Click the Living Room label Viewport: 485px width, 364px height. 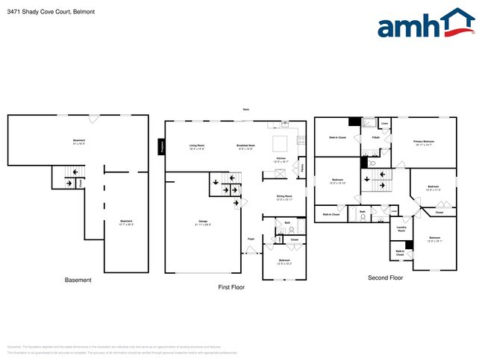click(197, 146)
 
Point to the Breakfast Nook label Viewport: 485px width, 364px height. click(246, 146)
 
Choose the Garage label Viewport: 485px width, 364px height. click(201, 222)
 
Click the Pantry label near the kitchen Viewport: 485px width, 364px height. click(301, 168)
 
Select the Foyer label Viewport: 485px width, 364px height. click(251, 239)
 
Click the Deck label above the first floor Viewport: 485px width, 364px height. click(246, 110)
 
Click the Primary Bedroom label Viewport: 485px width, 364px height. click(425, 142)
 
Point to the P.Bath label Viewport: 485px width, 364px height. click(376, 137)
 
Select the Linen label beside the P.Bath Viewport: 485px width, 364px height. click(385, 123)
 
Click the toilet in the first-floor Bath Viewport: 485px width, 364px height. click(280, 230)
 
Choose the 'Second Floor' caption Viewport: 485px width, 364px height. click(385, 277)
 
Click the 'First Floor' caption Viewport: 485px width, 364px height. click(231, 286)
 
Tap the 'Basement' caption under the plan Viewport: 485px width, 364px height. click(78, 280)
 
